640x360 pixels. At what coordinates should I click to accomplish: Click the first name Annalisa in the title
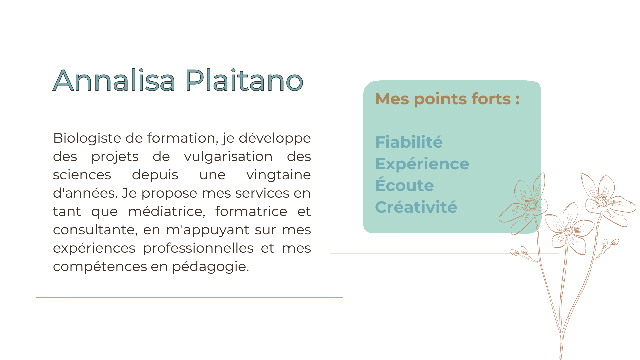pos(114,80)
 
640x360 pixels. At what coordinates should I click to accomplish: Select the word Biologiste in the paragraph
pos(87,138)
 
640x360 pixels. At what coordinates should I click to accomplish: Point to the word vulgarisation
pos(228,157)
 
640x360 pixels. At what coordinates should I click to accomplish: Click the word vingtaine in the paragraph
pos(279,175)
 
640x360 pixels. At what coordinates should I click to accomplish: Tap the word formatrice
pos(251,211)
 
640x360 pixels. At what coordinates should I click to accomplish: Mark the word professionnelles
pos(198,248)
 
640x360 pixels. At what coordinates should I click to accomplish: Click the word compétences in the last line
pos(100,267)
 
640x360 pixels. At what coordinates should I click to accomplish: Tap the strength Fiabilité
pos(409,142)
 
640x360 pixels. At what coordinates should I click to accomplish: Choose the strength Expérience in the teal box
pos(422,164)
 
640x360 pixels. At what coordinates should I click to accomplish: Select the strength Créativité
pos(416,207)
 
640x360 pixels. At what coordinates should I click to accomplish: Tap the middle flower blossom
pos(569,230)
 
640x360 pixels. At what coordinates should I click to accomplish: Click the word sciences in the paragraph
pos(82,175)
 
